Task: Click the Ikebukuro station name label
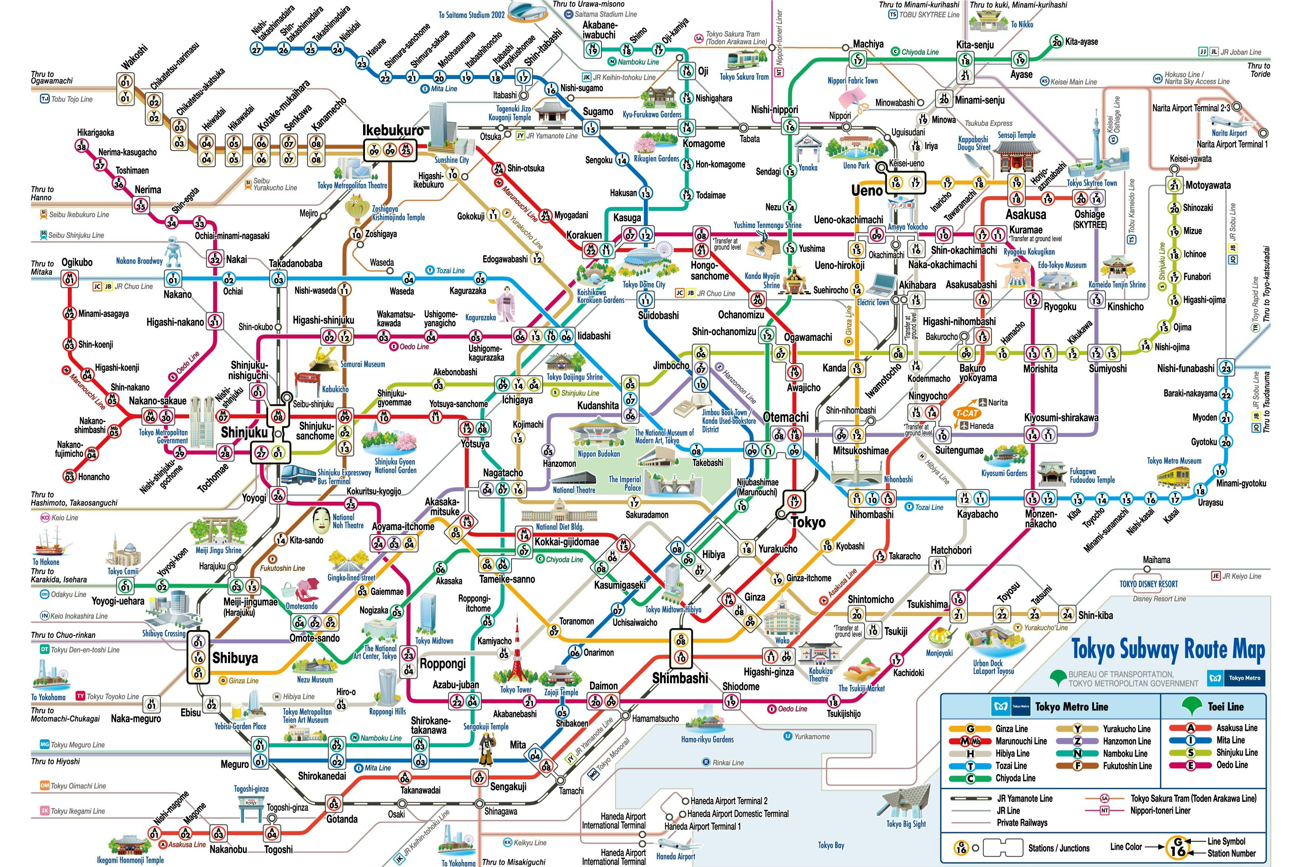[393, 131]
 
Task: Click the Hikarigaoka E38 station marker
[82, 146]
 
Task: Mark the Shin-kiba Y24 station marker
[1067, 614]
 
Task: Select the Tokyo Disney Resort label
[1149, 584]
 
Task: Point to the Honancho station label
[93, 477]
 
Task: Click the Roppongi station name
[442, 663]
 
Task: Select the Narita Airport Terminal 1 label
[1232, 144]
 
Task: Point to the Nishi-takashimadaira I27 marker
[257, 49]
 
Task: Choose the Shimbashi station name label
[680, 678]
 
